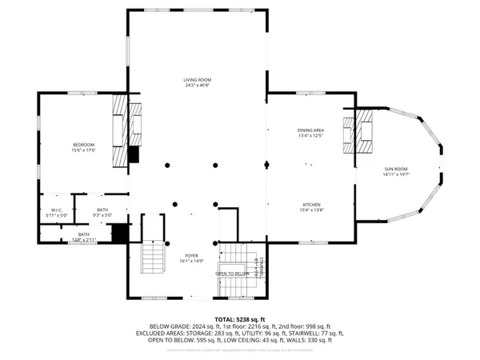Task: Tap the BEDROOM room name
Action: coord(84,144)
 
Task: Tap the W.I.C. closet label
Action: coord(57,210)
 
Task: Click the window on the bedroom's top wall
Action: coord(83,94)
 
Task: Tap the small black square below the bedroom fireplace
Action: coord(134,154)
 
